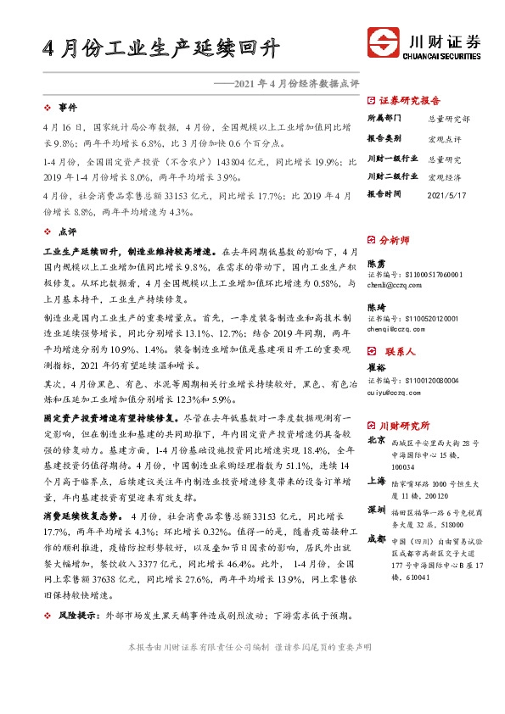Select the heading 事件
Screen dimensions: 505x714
point(67,108)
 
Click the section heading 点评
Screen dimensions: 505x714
point(67,231)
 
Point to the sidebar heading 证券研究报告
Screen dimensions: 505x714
point(410,99)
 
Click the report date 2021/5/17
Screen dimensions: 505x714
point(447,193)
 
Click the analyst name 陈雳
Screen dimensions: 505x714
point(375,264)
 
